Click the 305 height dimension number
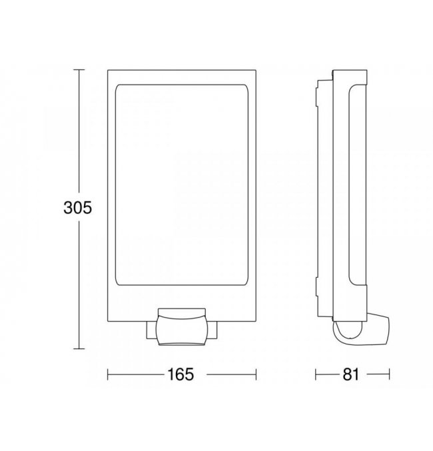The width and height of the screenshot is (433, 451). pyautogui.click(x=78, y=207)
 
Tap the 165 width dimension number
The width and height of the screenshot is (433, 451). pyautogui.click(x=181, y=374)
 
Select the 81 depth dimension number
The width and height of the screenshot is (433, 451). pyautogui.click(x=351, y=374)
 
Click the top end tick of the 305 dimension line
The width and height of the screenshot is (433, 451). pyautogui.click(x=79, y=69)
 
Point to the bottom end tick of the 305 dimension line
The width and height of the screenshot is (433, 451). pyautogui.click(x=79, y=348)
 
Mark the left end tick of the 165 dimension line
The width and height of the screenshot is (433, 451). pyautogui.click(x=108, y=374)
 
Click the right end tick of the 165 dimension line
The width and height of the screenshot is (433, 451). pyautogui.click(x=256, y=374)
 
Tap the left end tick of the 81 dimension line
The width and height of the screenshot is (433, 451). pyautogui.click(x=316, y=374)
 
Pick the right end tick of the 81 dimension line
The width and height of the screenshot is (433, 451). pyautogui.click(x=389, y=374)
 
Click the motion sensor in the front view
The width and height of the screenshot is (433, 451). pyautogui.click(x=182, y=330)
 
